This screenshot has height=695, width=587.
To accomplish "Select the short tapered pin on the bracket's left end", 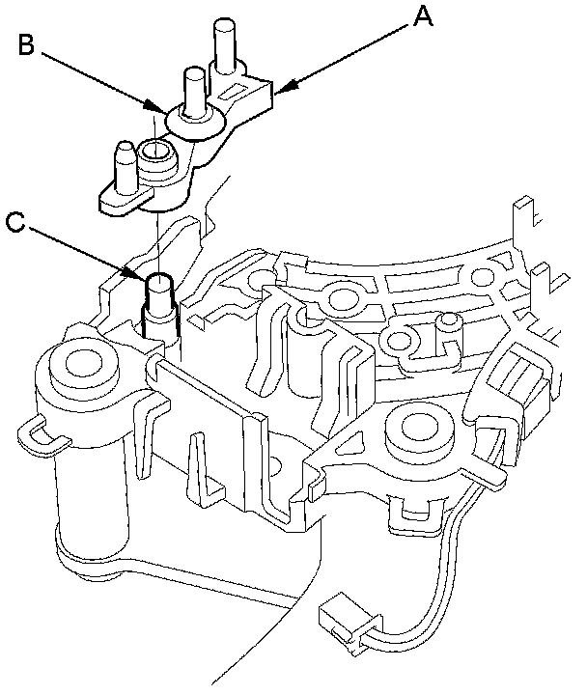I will pos(123,165).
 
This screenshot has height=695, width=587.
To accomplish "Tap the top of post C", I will pos(158,282).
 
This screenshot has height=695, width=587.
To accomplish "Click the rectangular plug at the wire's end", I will pos(339,617).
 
